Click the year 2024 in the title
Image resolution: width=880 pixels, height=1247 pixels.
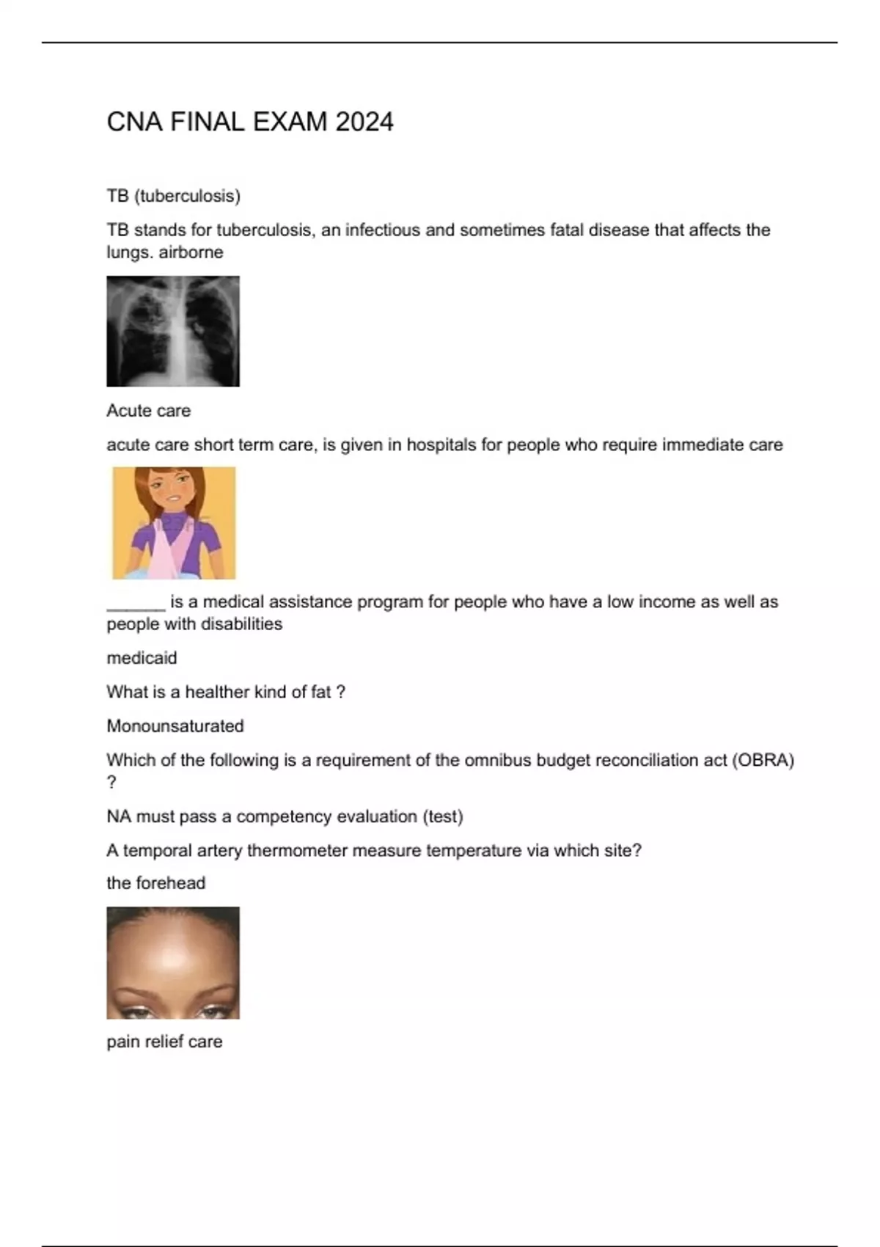click(364, 122)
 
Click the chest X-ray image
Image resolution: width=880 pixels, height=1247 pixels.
click(173, 331)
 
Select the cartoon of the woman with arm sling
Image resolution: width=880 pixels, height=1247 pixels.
click(174, 523)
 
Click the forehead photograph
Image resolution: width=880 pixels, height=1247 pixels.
click(173, 962)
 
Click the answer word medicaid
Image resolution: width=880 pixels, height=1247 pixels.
click(142, 658)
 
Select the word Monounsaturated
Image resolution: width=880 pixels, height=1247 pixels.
click(175, 726)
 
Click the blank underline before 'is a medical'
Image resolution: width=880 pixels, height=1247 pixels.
click(136, 603)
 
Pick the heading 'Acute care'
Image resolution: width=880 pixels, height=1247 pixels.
click(148, 411)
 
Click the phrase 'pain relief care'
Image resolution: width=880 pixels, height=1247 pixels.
click(164, 1042)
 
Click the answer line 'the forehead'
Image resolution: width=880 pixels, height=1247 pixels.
click(155, 883)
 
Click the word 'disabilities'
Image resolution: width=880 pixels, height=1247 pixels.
click(241, 624)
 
